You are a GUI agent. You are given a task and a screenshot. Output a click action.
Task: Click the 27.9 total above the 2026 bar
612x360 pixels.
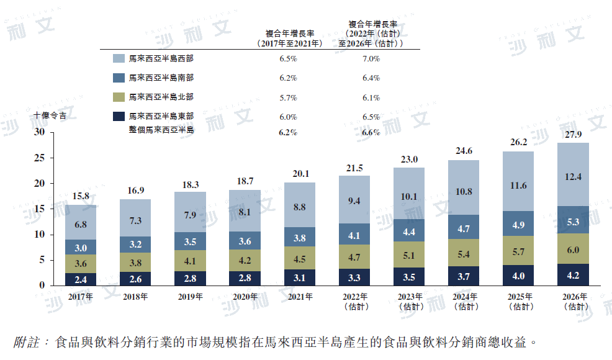574,135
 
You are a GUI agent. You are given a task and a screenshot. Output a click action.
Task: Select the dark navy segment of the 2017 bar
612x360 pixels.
81,279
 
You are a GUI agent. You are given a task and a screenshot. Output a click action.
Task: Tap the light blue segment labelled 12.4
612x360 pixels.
574,177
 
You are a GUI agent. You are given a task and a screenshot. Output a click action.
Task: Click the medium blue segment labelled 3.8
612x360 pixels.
300,238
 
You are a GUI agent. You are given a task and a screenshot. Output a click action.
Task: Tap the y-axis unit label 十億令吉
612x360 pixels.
51,115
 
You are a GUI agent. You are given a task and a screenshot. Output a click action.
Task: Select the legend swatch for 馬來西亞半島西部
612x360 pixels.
119,58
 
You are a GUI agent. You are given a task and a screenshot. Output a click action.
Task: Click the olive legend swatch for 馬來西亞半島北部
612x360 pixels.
119,97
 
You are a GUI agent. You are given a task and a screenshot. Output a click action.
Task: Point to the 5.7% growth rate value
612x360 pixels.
288,97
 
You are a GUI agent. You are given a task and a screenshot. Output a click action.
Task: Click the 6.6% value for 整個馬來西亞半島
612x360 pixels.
371,132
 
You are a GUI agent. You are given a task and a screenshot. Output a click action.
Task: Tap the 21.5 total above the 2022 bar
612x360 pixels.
354,168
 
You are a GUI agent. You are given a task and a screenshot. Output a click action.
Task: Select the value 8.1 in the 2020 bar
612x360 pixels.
245,212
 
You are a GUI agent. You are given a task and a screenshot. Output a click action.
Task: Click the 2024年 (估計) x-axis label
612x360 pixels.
464,301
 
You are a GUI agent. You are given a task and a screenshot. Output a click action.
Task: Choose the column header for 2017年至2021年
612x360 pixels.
289,38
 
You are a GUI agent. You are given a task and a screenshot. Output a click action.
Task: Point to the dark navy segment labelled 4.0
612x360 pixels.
518,275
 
